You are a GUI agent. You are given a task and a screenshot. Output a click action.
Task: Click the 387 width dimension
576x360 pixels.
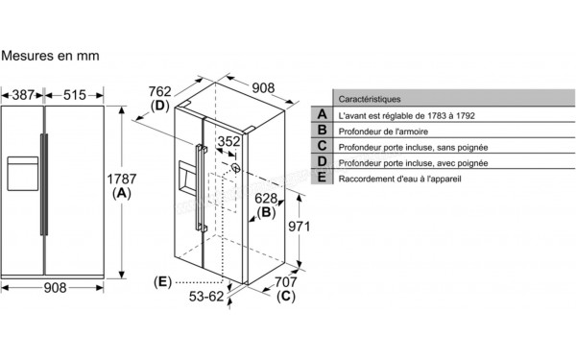pyautogui.click(x=23, y=95)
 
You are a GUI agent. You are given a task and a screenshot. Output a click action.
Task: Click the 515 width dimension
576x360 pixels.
pyautogui.click(x=75, y=95)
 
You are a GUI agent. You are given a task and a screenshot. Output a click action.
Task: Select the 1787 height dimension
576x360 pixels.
pyautogui.click(x=122, y=179)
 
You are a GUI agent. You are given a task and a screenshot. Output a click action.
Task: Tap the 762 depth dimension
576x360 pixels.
pyautogui.click(x=159, y=91)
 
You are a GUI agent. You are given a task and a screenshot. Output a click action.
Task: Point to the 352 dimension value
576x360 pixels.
pyautogui.click(x=228, y=141)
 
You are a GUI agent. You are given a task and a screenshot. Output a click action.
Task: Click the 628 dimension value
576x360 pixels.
pyautogui.click(x=266, y=199)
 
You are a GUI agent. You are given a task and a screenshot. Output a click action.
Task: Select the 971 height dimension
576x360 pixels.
pyautogui.click(x=299, y=227)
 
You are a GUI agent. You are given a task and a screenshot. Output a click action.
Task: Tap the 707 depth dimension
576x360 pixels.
pyautogui.click(x=286, y=282)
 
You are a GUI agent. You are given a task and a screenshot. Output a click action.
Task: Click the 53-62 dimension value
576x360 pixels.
pyautogui.click(x=206, y=297)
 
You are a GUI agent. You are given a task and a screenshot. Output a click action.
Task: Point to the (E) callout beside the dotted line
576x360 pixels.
pyautogui.click(x=163, y=282)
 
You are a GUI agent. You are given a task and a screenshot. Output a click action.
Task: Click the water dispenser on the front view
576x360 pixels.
pyautogui.click(x=23, y=174)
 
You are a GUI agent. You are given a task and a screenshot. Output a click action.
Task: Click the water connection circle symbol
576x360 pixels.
pyautogui.click(x=236, y=168)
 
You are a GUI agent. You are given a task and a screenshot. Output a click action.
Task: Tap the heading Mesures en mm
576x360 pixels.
pyautogui.click(x=50, y=56)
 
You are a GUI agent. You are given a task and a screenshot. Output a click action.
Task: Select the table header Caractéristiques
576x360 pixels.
pyautogui.click(x=370, y=99)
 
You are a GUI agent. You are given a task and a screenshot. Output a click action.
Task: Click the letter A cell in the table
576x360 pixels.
pyautogui.click(x=323, y=114)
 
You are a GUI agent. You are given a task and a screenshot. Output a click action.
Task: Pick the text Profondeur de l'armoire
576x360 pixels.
pyautogui.click(x=383, y=132)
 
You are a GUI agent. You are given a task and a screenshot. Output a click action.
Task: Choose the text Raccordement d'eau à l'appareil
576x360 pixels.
pyautogui.click(x=399, y=179)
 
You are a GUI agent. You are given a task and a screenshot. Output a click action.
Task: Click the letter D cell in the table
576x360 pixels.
pyautogui.click(x=323, y=161)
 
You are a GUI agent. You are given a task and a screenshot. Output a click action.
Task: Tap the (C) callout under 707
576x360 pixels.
pyautogui.click(x=286, y=297)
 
